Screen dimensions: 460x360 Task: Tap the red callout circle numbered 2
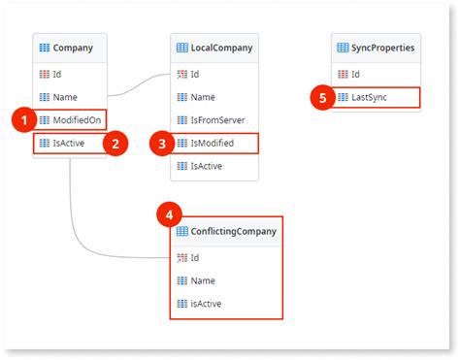(115, 144)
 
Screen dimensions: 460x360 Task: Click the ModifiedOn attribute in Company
(71, 119)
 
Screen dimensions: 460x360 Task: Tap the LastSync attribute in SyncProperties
(373, 97)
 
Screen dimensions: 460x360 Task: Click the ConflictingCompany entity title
(232, 231)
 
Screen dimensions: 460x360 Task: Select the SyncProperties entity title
(383, 48)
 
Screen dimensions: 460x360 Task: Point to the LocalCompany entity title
(221, 48)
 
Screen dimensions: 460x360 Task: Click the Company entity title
(72, 48)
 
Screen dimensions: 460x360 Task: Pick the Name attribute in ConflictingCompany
(203, 280)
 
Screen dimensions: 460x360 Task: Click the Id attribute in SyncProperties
(355, 74)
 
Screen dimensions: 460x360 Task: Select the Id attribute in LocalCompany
(195, 74)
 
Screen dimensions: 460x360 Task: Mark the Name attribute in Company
(65, 96)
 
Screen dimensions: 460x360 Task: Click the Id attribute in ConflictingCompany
(195, 257)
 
